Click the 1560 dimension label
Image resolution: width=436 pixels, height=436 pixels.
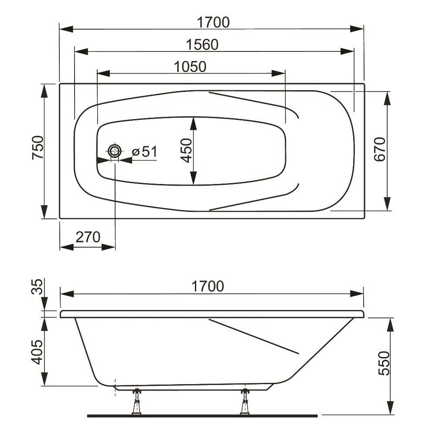(202, 44)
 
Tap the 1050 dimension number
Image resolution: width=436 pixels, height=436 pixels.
(190, 67)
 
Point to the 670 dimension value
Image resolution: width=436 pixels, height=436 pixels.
(380, 149)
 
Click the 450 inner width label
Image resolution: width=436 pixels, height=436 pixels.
(186, 150)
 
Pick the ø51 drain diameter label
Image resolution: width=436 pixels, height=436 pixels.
(145, 152)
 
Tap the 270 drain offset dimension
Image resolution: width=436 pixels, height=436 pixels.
(88, 237)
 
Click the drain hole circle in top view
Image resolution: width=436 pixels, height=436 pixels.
(114, 152)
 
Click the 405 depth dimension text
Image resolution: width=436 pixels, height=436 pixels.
(37, 352)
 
